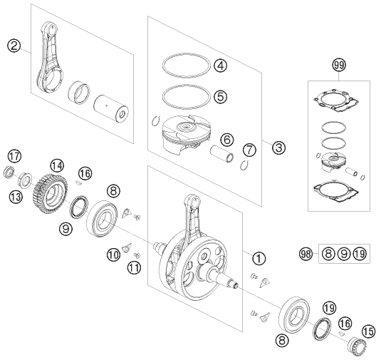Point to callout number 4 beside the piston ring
coord(221,66)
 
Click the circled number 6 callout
coord(226,140)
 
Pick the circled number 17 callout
coord(14,156)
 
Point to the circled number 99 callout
coord(338,66)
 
